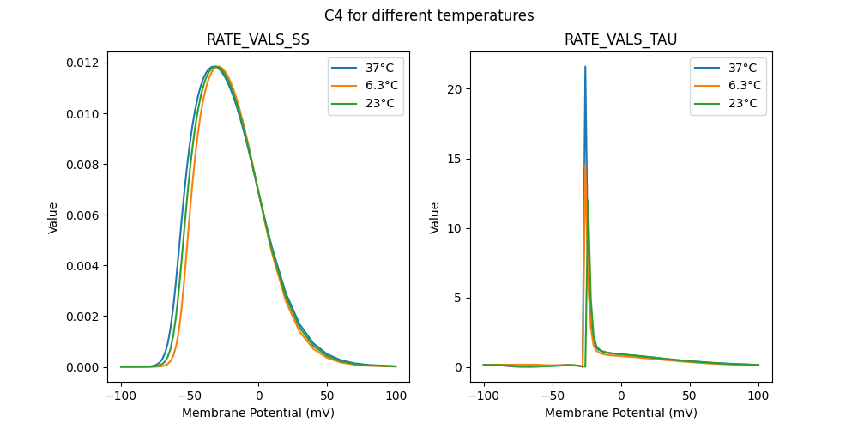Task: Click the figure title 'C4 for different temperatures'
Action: pos(429,15)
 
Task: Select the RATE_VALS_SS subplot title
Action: pos(258,39)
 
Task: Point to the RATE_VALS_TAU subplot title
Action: pos(620,39)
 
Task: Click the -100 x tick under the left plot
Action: pos(121,396)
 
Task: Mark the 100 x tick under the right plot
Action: pos(758,396)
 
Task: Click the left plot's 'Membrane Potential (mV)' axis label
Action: pos(258,413)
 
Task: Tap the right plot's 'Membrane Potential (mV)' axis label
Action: pos(620,413)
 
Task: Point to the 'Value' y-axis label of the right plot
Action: pos(434,217)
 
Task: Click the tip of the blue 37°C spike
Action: pos(585,67)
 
